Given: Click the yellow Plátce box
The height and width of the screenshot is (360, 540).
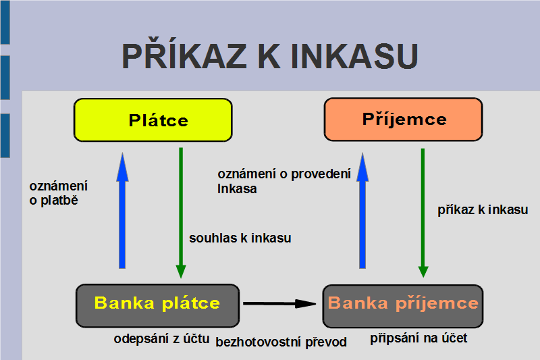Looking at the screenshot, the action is click(x=153, y=120).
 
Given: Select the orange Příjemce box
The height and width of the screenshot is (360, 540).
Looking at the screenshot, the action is click(x=403, y=119).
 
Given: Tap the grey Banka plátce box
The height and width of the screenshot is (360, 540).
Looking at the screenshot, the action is click(x=157, y=305).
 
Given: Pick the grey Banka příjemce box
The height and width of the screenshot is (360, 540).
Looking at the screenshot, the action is click(x=403, y=306).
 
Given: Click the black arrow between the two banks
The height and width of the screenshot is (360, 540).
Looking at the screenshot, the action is click(x=279, y=303).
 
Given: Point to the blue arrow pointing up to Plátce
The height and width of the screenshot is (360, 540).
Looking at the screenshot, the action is click(x=122, y=211).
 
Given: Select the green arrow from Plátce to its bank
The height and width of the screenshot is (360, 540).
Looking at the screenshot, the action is click(x=181, y=213).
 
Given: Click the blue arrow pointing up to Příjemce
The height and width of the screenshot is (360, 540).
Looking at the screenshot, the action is click(x=362, y=211).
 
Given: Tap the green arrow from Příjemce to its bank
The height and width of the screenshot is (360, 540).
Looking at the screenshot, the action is click(x=423, y=213).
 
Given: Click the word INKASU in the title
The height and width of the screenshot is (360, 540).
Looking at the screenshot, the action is click(x=354, y=56).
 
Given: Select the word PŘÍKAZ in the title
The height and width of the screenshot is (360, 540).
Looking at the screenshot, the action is click(x=184, y=53).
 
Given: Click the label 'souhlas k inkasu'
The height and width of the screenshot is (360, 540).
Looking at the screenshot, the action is click(x=240, y=238).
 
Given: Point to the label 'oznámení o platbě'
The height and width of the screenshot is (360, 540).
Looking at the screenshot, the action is click(x=59, y=193).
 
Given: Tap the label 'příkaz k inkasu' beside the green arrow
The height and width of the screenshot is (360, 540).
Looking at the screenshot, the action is click(x=483, y=210).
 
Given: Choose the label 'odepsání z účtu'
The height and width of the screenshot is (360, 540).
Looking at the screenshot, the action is click(x=161, y=338).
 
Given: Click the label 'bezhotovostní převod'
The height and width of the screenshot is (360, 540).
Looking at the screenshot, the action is click(x=281, y=342).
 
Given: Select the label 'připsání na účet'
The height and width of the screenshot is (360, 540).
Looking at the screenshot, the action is click(x=418, y=338).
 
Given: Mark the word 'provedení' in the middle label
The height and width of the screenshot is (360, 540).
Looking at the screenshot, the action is click(x=321, y=174).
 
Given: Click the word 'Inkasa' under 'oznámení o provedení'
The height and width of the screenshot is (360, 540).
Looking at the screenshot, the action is click(x=237, y=189).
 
